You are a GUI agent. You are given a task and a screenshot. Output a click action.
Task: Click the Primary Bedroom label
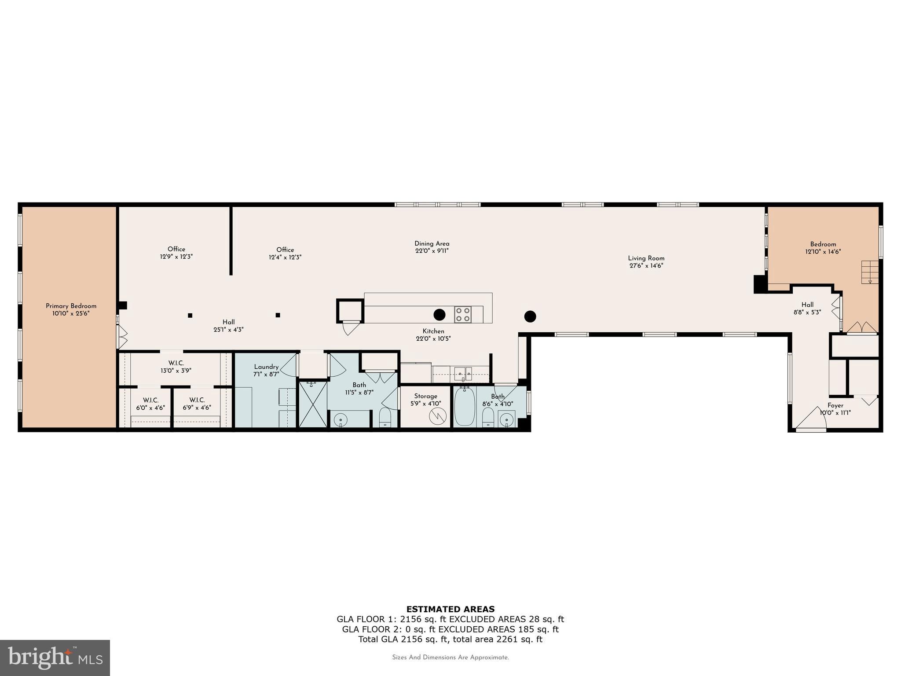(71, 306)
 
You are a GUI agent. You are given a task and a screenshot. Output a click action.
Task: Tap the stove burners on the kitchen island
(463, 314)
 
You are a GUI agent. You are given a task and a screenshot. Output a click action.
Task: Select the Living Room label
(646, 258)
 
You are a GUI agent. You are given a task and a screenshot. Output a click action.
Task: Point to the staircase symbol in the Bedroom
(869, 272)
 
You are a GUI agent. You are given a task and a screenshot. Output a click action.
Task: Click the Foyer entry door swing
(811, 419)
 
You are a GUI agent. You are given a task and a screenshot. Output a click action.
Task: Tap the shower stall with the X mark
(313, 404)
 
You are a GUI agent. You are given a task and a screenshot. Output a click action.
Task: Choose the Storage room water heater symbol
(438, 416)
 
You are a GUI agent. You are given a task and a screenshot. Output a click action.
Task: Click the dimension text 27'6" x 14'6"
(646, 266)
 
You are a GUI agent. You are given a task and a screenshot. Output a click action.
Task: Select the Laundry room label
(266, 367)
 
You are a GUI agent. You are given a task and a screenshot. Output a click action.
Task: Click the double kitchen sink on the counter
(463, 374)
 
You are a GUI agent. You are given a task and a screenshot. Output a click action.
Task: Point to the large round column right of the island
(530, 316)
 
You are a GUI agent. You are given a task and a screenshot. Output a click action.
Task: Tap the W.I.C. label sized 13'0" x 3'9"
(176, 363)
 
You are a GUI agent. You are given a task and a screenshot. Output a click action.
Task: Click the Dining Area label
(432, 243)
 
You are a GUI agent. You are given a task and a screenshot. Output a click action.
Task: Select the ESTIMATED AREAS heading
(450, 609)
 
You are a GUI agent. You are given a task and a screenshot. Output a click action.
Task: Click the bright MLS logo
(55, 658)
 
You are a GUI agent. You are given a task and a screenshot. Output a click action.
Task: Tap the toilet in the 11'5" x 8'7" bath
(385, 417)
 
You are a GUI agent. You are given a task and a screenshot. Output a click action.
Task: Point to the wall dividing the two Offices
(231, 241)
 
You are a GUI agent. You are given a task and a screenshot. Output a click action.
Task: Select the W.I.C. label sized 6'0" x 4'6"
(150, 400)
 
